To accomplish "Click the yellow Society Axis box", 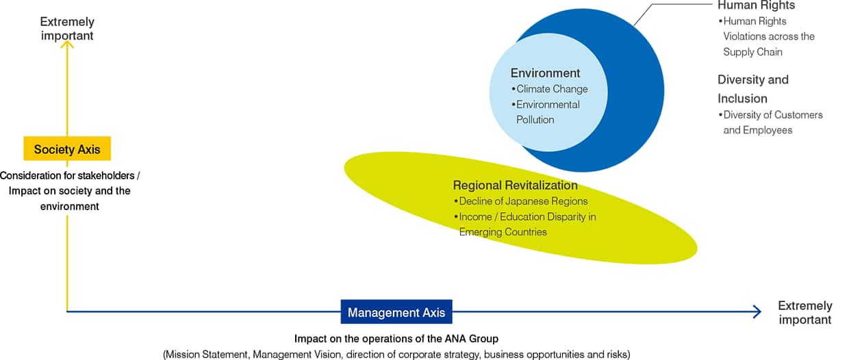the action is (67, 149).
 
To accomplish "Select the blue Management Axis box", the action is (396, 312).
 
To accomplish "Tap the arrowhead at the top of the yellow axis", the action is (67, 44).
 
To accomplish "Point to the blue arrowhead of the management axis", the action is (757, 312).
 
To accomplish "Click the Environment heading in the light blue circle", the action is (545, 73).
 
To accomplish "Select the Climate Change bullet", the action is (550, 89).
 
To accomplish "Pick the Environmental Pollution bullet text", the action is (546, 112).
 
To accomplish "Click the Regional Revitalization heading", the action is (515, 185).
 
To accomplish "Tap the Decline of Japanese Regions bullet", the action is (521, 201).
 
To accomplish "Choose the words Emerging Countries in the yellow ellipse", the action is (503, 232).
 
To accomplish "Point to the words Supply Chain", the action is (752, 52).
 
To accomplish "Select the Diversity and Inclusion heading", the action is (753, 89).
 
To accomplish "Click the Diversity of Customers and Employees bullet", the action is (771, 123).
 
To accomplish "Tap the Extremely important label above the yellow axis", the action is (67, 29).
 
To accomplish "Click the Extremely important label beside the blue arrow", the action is (805, 313).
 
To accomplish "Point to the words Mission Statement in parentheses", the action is (207, 355).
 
